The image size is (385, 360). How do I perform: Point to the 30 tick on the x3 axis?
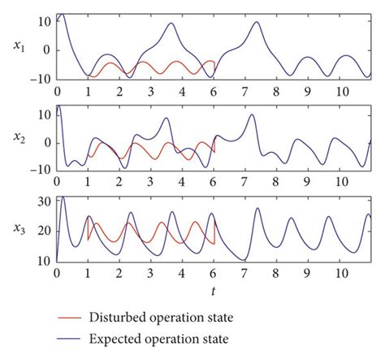pos(45,201)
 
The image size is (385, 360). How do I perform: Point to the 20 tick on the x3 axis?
pos(45,231)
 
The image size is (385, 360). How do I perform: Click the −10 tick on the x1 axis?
pos(41,78)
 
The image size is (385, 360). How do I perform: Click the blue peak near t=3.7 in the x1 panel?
pos(171,23)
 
